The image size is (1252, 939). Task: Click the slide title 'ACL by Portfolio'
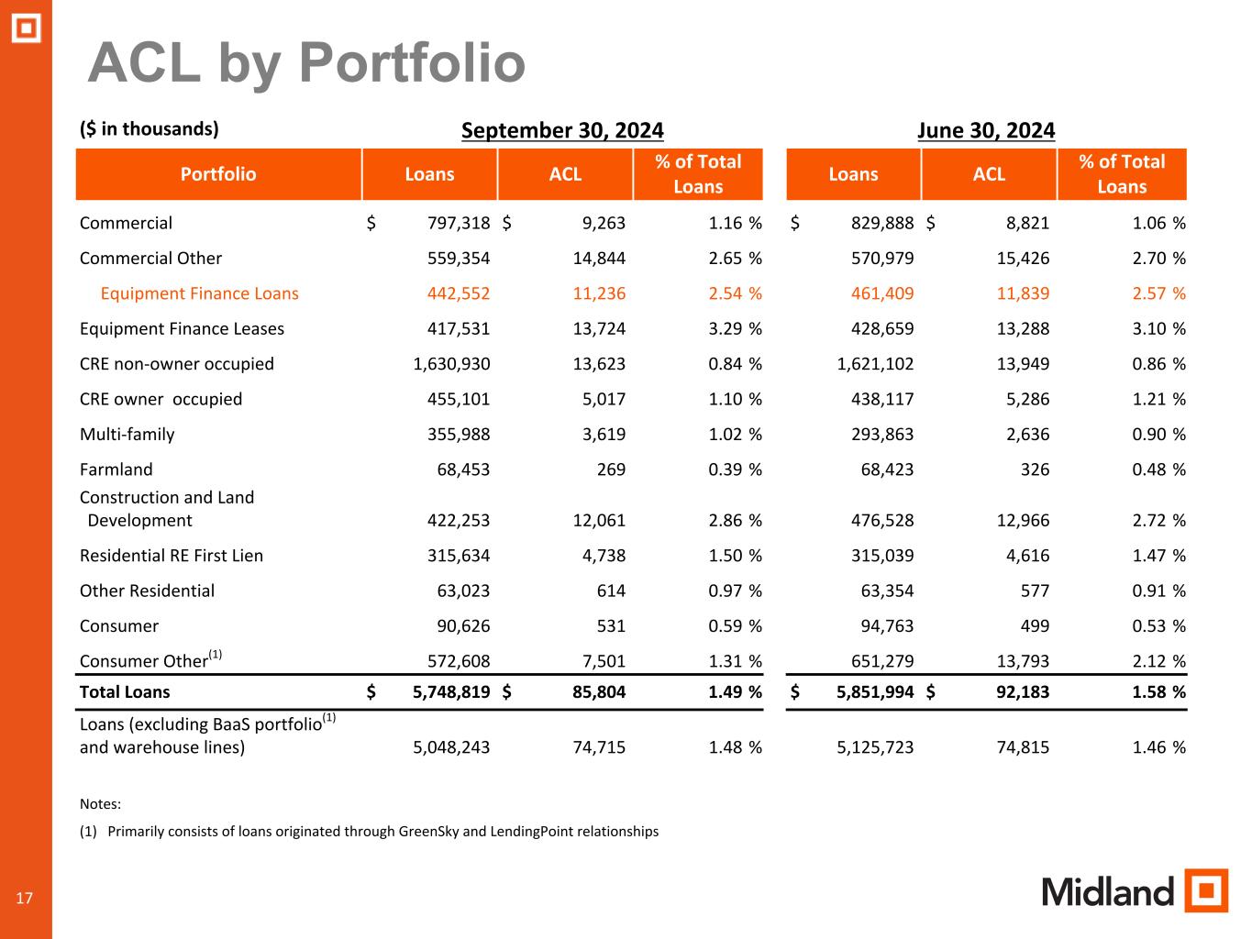[306, 64]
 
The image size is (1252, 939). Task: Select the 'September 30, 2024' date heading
[562, 130]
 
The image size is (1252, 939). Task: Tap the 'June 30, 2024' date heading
[986, 130]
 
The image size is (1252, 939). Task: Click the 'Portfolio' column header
[218, 174]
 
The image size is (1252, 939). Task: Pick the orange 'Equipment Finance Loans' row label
[199, 293]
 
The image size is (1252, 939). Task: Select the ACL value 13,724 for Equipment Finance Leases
[596, 328]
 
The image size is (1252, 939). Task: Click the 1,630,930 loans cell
[451, 364]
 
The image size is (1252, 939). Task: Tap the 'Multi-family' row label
[127, 435]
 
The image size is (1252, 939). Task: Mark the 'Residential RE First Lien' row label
[172, 556]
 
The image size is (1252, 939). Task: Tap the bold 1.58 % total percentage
[1158, 692]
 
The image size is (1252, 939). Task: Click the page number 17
[25, 898]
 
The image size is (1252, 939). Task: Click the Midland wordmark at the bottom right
[1108, 891]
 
